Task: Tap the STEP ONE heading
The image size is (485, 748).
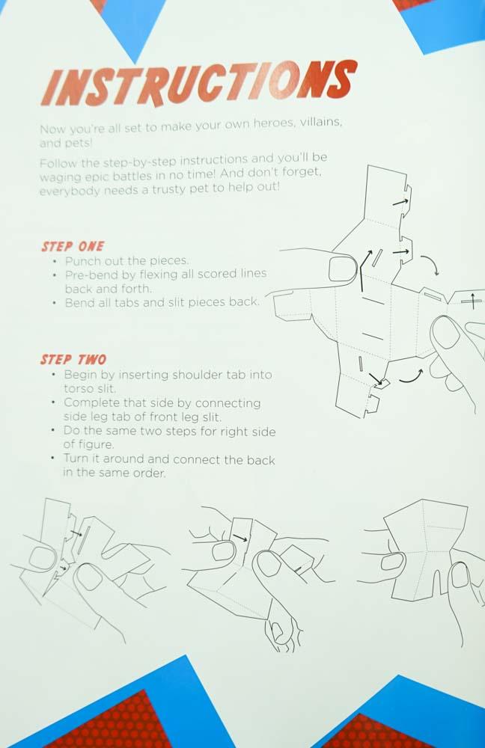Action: (x=73, y=246)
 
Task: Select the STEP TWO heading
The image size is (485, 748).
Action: (x=73, y=360)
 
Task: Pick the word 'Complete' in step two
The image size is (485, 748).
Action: (x=91, y=402)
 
